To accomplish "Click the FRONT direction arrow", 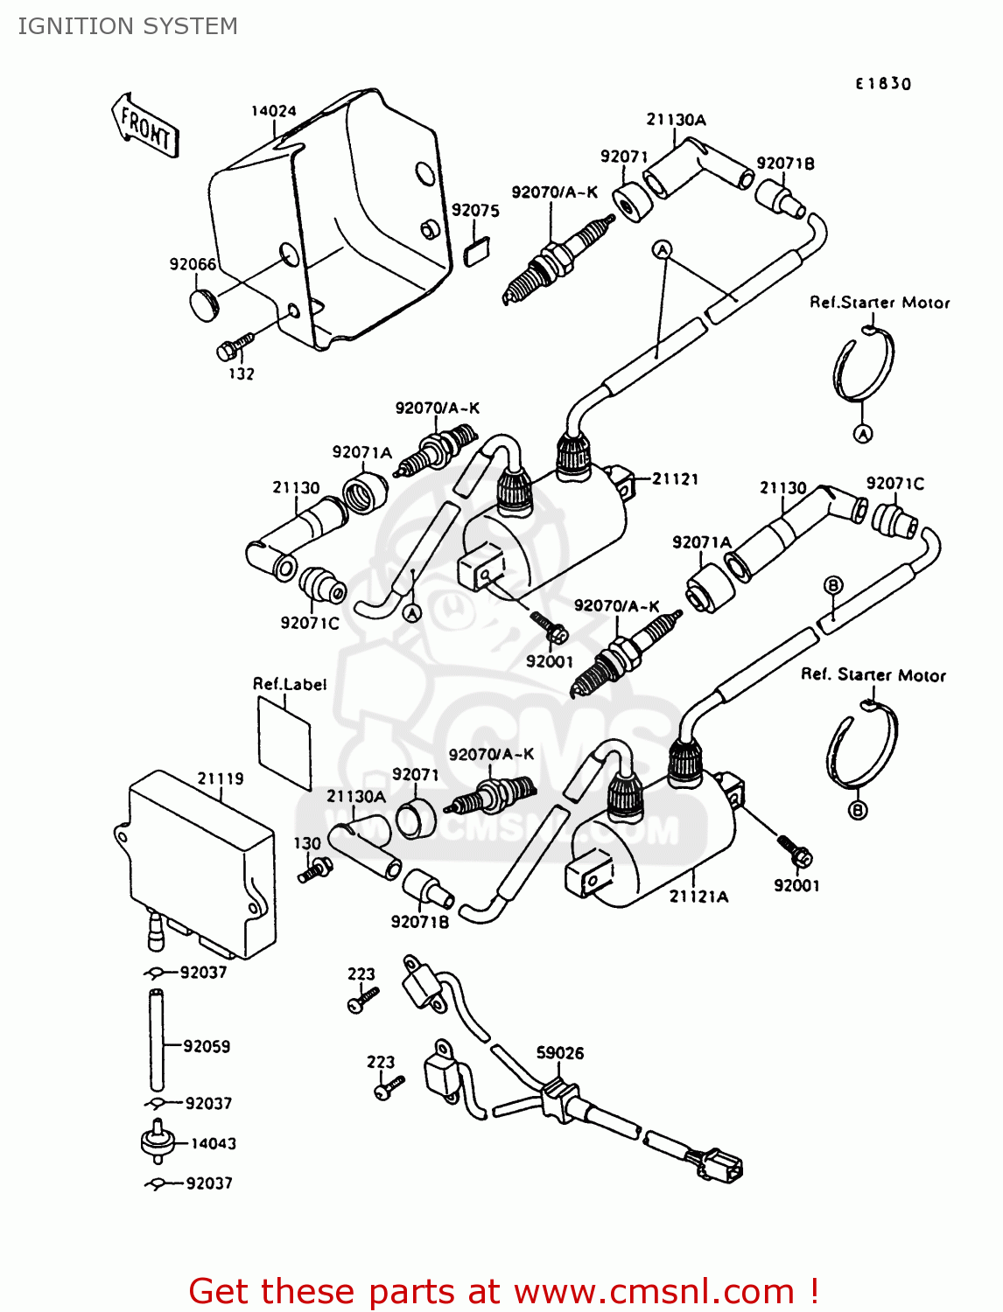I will (x=145, y=126).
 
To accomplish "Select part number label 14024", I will (x=273, y=111).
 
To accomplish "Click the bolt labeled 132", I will (x=234, y=345).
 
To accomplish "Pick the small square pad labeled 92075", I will (x=476, y=252).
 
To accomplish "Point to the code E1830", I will (x=883, y=84).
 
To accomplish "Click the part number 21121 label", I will (x=675, y=478).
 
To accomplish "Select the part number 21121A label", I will (x=698, y=897).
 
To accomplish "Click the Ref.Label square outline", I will (x=285, y=743).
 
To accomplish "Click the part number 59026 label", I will (x=559, y=1053).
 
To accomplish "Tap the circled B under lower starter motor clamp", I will (x=858, y=810).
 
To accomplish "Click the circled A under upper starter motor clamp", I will (x=863, y=434).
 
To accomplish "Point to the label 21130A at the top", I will (x=676, y=120).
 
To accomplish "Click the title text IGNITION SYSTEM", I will (x=128, y=26).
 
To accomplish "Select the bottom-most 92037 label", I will (x=209, y=1183).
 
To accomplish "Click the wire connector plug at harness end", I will (x=719, y=1165).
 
